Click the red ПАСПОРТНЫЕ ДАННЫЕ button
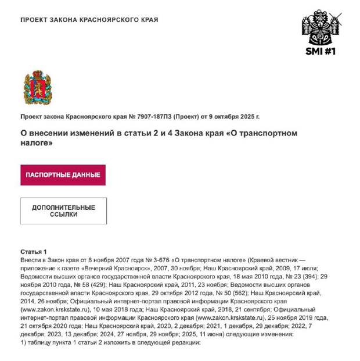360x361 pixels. pyautogui.click(x=63, y=175)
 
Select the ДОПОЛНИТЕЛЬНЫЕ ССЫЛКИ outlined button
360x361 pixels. pyautogui.click(x=63, y=211)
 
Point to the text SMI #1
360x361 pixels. pyautogui.click(x=321, y=51)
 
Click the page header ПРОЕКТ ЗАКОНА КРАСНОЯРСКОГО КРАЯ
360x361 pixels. pyautogui.click(x=89, y=20)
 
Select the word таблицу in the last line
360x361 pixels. pyautogui.click(x=42, y=342)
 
